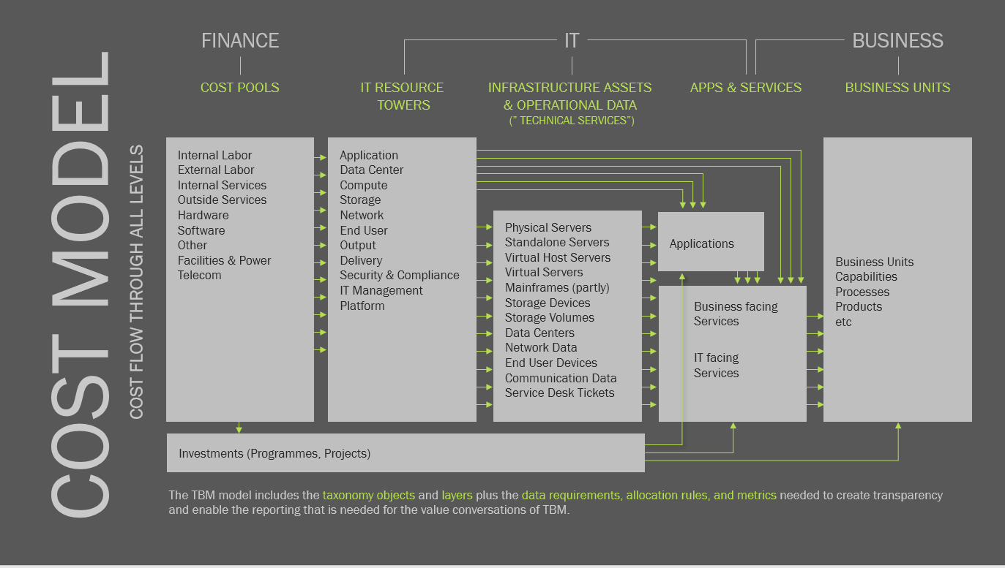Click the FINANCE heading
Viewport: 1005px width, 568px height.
pyautogui.click(x=240, y=41)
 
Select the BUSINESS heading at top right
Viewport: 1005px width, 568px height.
pyautogui.click(x=898, y=41)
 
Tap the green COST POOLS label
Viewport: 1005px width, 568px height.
pyautogui.click(x=239, y=87)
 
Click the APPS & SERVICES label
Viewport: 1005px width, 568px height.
pyautogui.click(x=746, y=87)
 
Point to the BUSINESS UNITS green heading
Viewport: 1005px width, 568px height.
pyautogui.click(x=897, y=87)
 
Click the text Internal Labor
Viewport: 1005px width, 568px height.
pyautogui.click(x=214, y=155)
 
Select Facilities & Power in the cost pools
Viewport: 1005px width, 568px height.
pyautogui.click(x=224, y=260)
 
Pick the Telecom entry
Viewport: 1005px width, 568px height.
pyautogui.click(x=200, y=275)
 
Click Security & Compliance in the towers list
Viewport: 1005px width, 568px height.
pyautogui.click(x=400, y=275)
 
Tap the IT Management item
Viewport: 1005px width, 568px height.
pyautogui.click(x=381, y=290)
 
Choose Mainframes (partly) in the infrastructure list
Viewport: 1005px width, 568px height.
pyautogui.click(x=557, y=287)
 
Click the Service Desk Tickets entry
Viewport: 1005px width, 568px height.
pyautogui.click(x=559, y=393)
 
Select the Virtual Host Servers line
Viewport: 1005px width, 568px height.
pyautogui.click(x=558, y=257)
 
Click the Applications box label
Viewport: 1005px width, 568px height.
pyautogui.click(x=702, y=243)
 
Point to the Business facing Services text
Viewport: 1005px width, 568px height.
pyautogui.click(x=736, y=314)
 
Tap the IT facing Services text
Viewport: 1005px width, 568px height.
pyautogui.click(x=717, y=365)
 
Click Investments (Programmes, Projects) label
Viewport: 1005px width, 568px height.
pyautogui.click(x=274, y=453)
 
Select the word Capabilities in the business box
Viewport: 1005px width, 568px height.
pyautogui.click(x=867, y=276)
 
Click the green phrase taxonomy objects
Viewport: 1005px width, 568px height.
pyautogui.click(x=369, y=495)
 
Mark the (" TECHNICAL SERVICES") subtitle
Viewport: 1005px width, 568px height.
pyautogui.click(x=572, y=121)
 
